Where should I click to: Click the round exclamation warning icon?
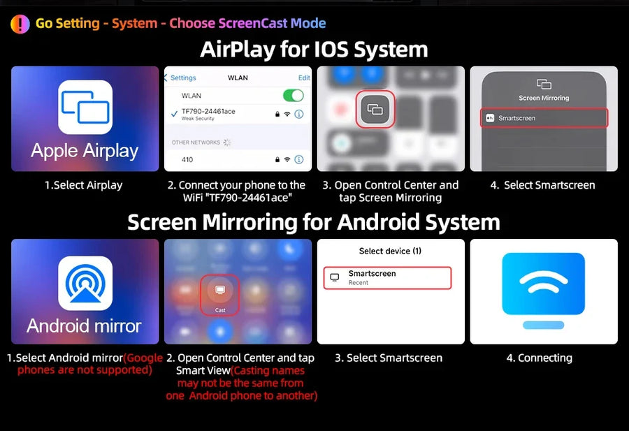click(20, 24)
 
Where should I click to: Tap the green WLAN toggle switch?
click(294, 96)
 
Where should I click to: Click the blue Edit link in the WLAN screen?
click(304, 78)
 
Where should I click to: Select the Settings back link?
click(180, 78)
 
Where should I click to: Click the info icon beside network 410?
click(299, 159)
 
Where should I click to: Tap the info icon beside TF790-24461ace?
click(299, 115)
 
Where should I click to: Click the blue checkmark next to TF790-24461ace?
click(174, 114)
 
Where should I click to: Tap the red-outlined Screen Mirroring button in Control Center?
click(375, 109)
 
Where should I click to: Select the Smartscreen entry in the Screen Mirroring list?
click(544, 118)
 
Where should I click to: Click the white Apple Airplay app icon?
click(85, 107)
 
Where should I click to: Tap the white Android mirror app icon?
click(85, 284)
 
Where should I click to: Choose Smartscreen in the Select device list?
click(387, 278)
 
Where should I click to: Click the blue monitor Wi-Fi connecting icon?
click(544, 291)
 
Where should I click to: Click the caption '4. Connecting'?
click(540, 358)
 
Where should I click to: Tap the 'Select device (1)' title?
click(390, 251)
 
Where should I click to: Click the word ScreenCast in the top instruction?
click(253, 23)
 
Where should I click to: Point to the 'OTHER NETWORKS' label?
click(196, 143)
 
